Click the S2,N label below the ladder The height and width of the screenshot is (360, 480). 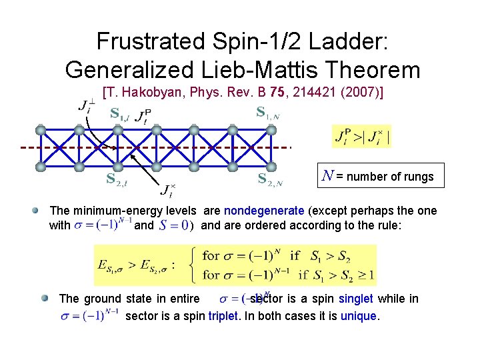point(270,179)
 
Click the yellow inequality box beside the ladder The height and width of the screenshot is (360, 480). point(361,137)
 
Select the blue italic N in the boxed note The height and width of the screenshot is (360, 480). point(327,177)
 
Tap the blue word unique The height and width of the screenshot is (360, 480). point(358,315)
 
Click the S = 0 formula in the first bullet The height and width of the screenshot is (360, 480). point(174,225)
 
